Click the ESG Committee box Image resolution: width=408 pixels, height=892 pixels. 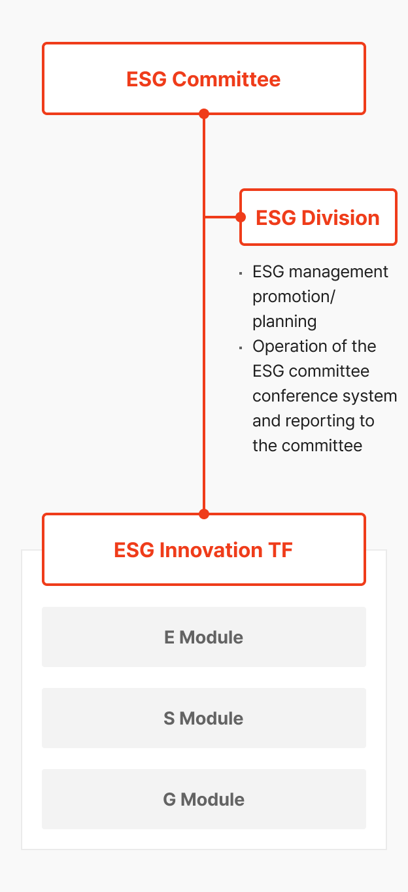click(204, 78)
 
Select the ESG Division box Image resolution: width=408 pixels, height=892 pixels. click(318, 217)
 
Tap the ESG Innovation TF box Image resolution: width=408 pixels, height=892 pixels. click(204, 549)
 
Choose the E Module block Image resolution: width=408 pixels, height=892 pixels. click(204, 637)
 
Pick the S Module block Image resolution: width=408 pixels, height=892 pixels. click(204, 718)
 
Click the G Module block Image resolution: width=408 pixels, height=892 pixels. click(204, 799)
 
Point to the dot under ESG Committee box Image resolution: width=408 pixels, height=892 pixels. click(204, 114)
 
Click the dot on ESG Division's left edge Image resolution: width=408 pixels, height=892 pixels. click(241, 217)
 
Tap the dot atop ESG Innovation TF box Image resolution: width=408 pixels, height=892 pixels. click(204, 514)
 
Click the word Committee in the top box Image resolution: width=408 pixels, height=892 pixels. click(226, 79)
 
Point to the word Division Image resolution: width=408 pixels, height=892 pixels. click(341, 218)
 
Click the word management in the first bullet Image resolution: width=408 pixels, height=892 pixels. click(338, 273)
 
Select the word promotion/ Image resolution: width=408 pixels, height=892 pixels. click(294, 297)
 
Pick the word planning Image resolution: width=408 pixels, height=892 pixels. click(284, 322)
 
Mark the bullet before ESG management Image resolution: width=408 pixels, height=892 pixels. click(241, 273)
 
